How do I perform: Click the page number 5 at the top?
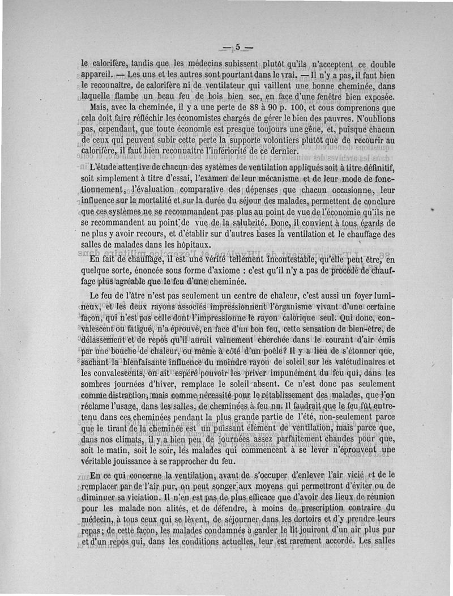[238, 47]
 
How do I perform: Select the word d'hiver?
[170, 383]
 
